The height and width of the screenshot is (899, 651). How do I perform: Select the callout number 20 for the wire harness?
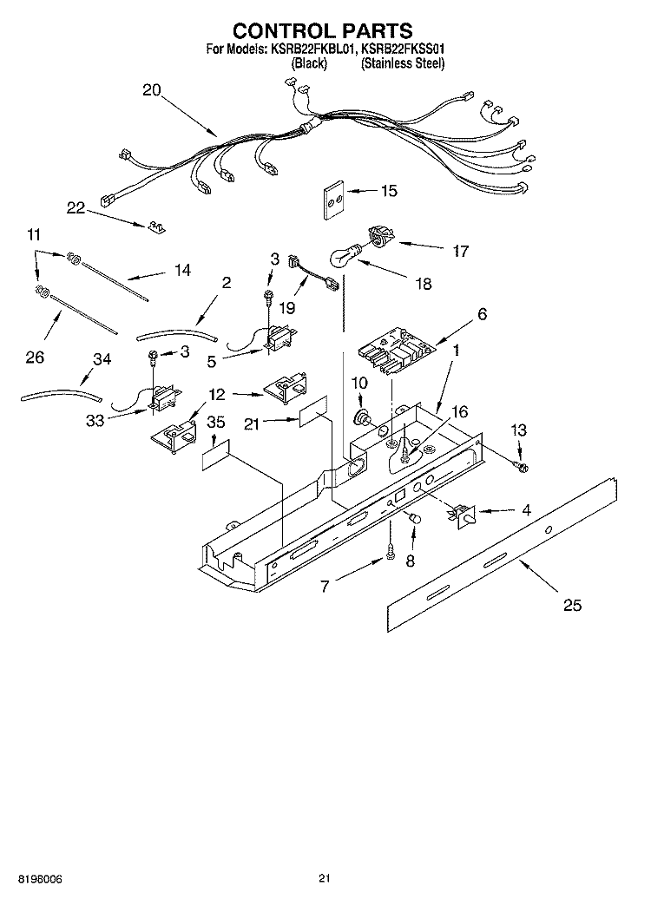click(x=151, y=90)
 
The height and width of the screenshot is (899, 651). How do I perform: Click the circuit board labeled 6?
click(x=397, y=351)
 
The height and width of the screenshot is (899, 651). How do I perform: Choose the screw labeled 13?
click(x=522, y=466)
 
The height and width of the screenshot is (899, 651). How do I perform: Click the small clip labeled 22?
click(x=156, y=226)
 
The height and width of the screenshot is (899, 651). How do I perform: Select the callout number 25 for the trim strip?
click(x=572, y=604)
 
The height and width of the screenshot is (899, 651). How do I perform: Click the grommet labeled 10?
click(x=361, y=417)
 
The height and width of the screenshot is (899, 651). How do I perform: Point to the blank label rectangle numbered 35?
click(x=215, y=456)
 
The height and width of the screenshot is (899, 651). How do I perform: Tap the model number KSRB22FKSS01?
click(x=403, y=49)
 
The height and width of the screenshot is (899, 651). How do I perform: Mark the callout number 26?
click(x=35, y=358)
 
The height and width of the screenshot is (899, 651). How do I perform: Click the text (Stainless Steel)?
click(x=403, y=63)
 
